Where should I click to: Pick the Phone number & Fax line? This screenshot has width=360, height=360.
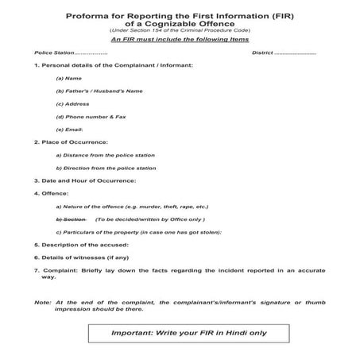pos(90,117)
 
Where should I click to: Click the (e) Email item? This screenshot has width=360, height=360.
pos(69,130)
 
